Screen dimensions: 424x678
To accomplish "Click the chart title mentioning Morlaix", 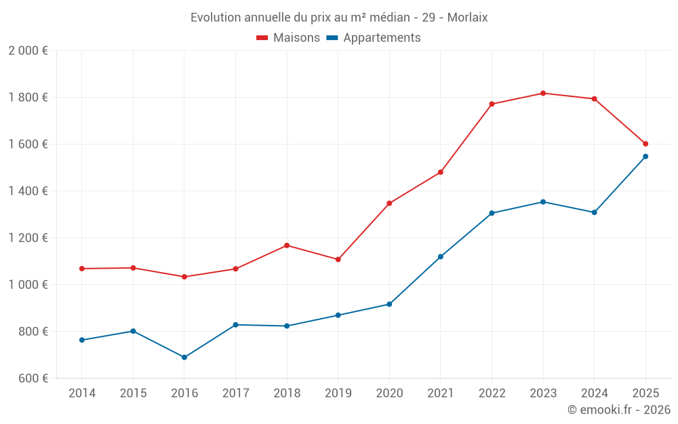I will click(x=339, y=17).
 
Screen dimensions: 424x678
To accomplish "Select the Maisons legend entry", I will click(x=288, y=38).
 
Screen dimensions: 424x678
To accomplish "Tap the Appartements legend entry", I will click(x=374, y=38).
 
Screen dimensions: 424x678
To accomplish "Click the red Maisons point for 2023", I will click(x=543, y=93).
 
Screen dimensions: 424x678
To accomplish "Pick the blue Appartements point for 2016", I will click(x=184, y=358).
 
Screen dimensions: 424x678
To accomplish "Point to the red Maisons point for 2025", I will click(x=645, y=144).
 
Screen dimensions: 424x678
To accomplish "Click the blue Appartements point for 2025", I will click(x=645, y=157).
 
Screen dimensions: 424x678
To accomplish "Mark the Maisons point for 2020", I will click(x=389, y=204).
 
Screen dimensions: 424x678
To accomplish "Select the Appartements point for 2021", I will click(x=441, y=257).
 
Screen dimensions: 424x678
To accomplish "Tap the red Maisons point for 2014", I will click(x=82, y=269).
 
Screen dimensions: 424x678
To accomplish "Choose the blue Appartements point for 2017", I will click(x=235, y=325).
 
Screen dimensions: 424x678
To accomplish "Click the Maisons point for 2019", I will click(x=338, y=260).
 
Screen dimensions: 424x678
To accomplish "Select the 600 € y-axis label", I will click(x=32, y=379).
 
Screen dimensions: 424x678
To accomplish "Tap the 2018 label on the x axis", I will click(x=287, y=393).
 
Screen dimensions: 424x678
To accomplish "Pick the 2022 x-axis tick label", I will click(x=492, y=393).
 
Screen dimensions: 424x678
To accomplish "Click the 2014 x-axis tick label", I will click(x=82, y=393).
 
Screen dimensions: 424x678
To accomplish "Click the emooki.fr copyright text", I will click(x=618, y=410).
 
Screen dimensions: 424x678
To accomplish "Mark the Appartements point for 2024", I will click(x=594, y=212).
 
